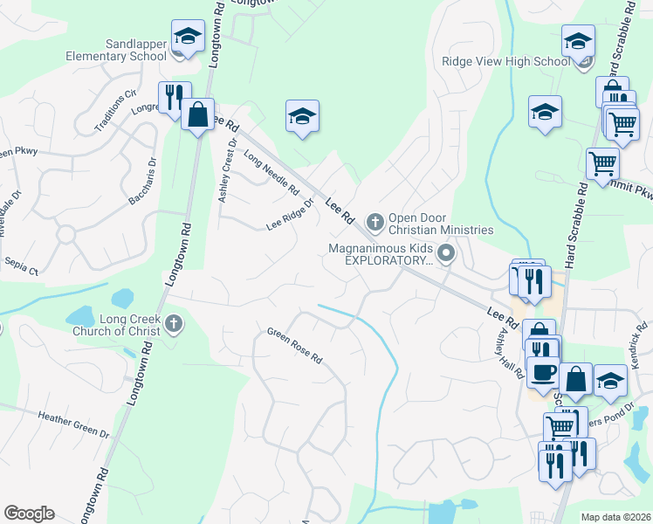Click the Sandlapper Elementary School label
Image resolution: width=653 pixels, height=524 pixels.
coord(117,50)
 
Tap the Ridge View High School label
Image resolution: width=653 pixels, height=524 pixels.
coord(505,61)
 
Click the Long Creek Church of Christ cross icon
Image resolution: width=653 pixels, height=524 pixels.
coord(173,324)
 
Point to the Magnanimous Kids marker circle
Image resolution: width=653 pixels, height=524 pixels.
coord(447,254)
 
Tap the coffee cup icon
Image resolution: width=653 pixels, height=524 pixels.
coord(545,370)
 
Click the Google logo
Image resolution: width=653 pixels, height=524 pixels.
coord(29,513)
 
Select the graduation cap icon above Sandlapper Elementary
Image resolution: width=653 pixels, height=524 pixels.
coord(187,36)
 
